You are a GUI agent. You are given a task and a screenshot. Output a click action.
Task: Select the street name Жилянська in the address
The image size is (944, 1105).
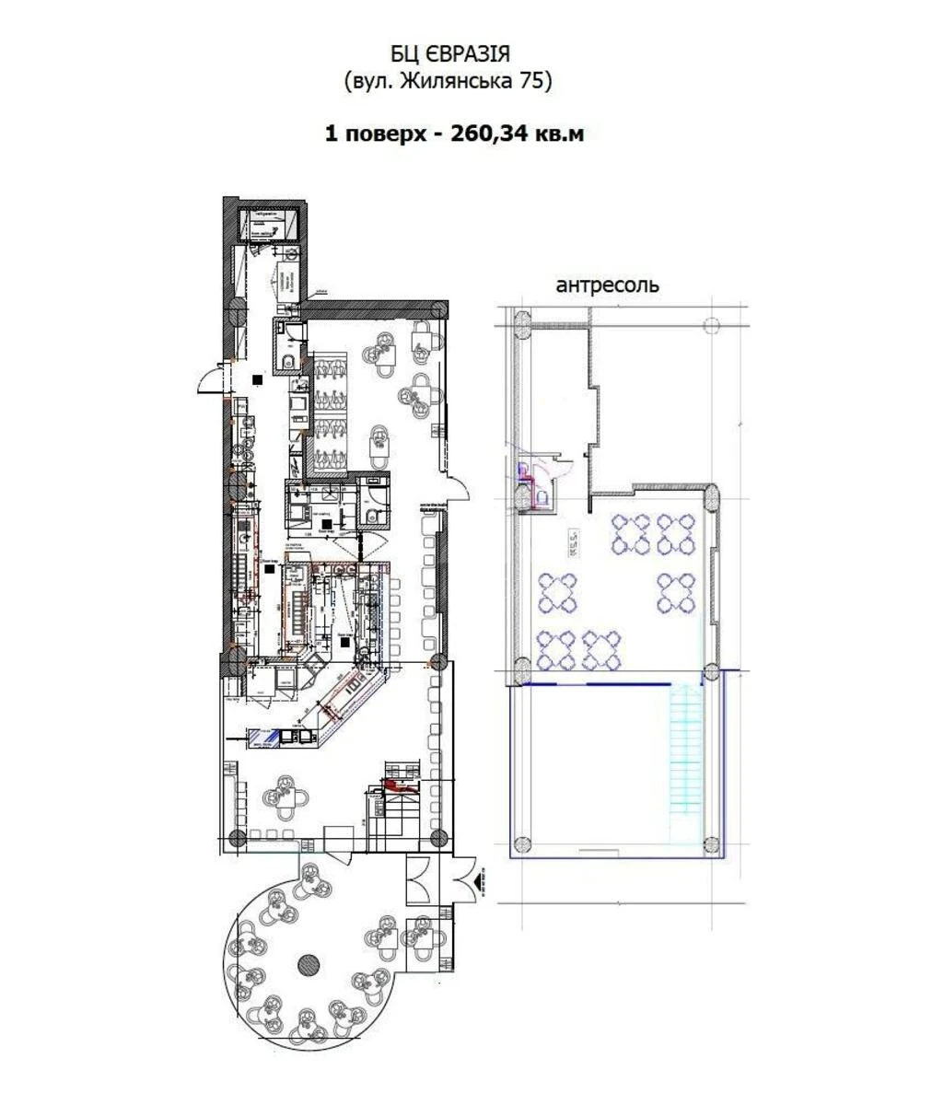pos(448,82)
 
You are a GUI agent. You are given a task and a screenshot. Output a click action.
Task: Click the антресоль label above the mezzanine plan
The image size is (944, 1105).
pos(607,285)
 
